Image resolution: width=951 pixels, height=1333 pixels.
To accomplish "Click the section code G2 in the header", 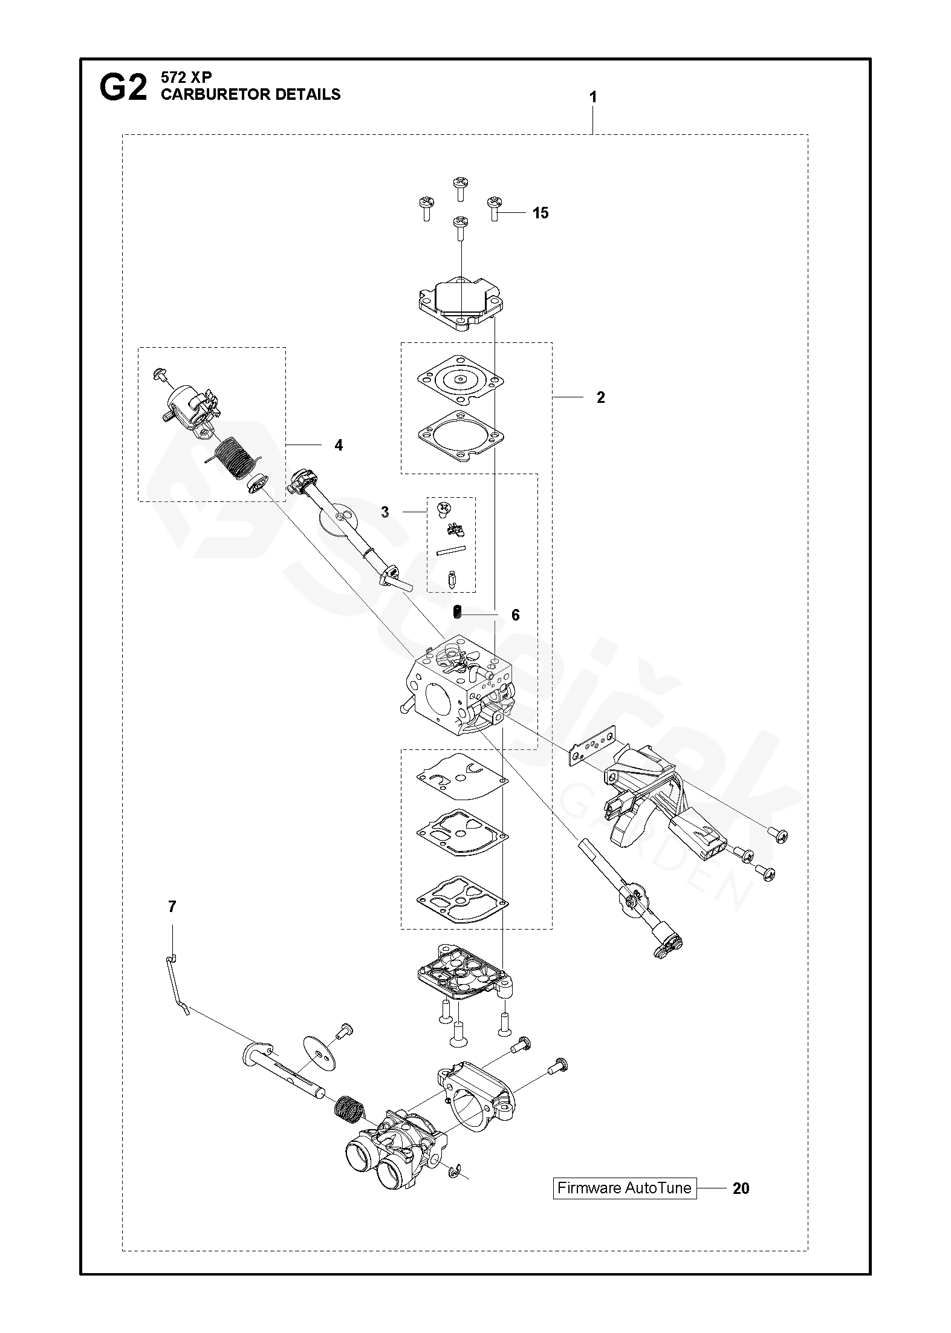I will tap(123, 89).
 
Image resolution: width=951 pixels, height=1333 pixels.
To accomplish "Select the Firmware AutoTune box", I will tap(625, 1188).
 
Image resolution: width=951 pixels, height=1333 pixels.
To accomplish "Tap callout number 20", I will tap(741, 1188).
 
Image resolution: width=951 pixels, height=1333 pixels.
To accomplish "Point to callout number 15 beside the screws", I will tap(540, 213).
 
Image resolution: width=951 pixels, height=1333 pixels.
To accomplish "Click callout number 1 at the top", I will tap(593, 97).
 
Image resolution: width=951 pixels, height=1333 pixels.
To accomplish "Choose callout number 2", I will tap(600, 397).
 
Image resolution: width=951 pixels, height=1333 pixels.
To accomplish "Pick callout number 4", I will tap(339, 445).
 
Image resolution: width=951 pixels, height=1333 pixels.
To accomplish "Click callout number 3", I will tap(385, 512).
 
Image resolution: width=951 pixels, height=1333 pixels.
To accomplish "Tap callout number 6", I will tap(515, 615).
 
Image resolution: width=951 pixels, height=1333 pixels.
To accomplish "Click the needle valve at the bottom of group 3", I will tap(451, 579).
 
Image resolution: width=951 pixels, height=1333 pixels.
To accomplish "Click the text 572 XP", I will tap(186, 77).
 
